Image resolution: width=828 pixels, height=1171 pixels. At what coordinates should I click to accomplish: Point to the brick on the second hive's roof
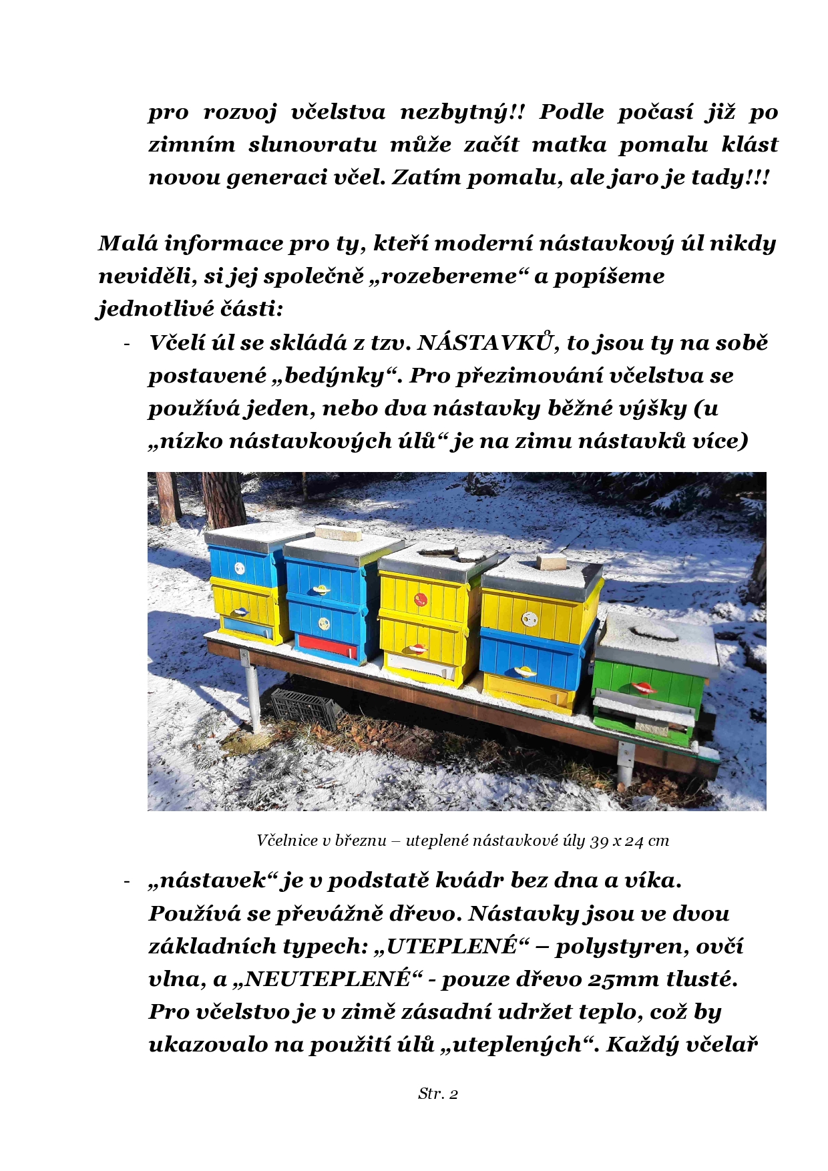(x=338, y=533)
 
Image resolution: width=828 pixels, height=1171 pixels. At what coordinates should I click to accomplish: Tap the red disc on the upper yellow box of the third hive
(x=421, y=599)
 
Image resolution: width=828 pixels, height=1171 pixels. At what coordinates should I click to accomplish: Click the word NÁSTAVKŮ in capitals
(x=487, y=343)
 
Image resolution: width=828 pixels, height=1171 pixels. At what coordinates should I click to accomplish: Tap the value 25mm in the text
(x=624, y=979)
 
